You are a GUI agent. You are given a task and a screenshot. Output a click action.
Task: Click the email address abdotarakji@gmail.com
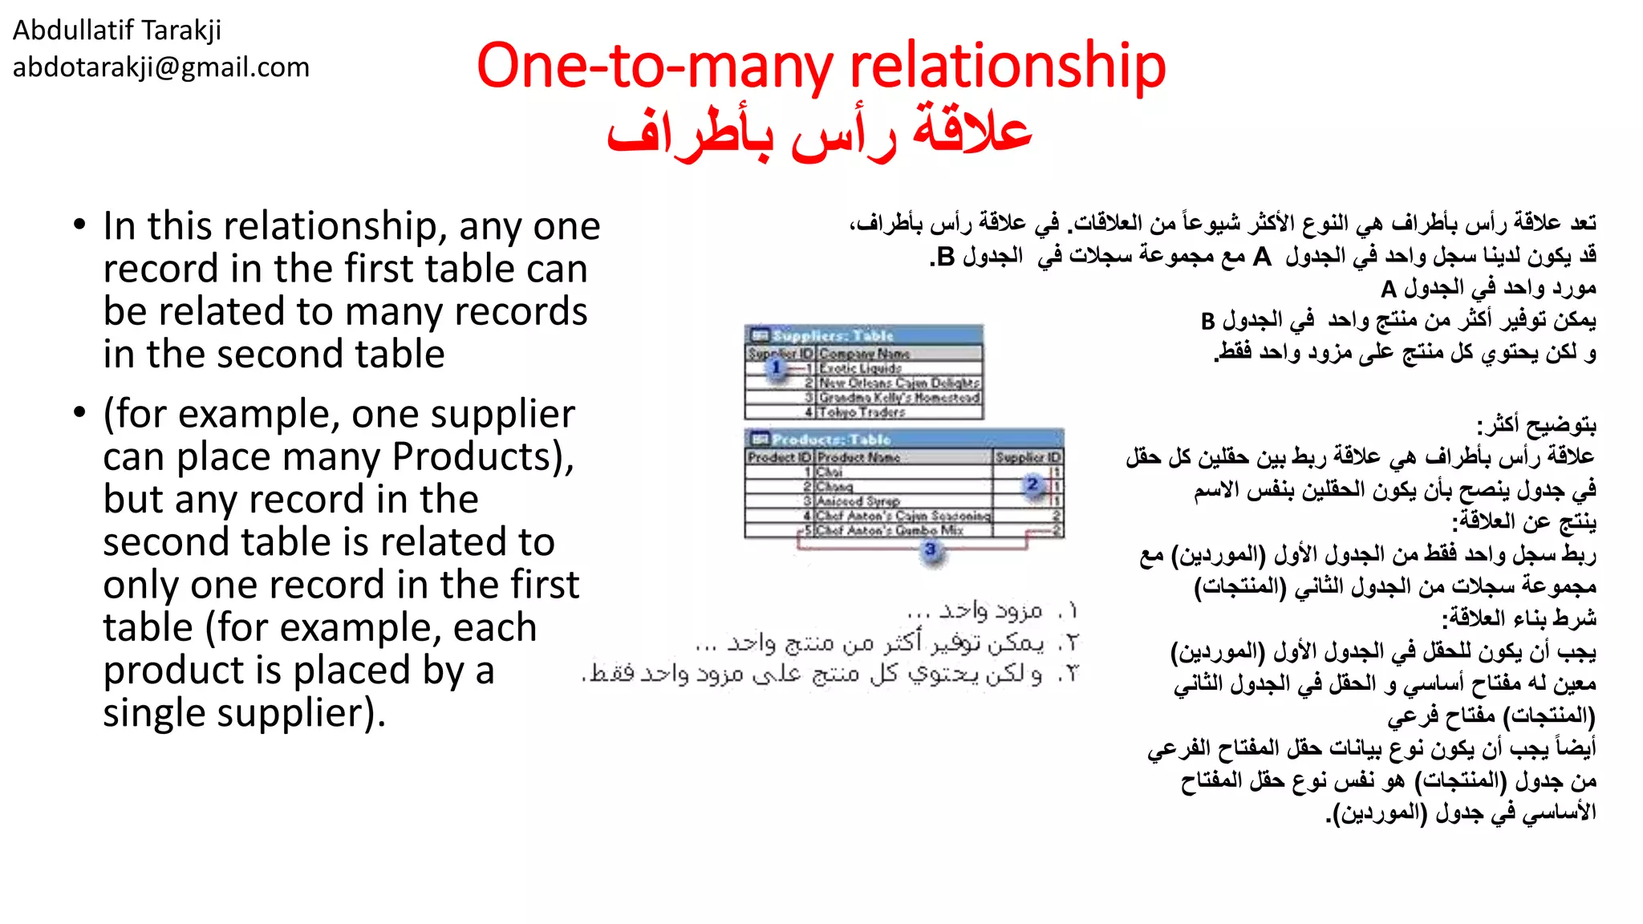[160, 67]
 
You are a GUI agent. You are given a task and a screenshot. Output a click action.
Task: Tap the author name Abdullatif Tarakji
[117, 30]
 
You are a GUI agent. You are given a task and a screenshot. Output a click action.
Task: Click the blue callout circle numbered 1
[776, 367]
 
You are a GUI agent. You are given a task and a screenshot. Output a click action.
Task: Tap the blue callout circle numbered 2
[1032, 484]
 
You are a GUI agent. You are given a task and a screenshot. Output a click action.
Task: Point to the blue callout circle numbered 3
[931, 549]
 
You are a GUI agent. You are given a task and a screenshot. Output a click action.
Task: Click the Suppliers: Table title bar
[864, 335]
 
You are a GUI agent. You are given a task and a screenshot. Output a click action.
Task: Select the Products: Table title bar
[904, 439]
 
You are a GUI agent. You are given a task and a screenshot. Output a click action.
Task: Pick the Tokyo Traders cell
[862, 412]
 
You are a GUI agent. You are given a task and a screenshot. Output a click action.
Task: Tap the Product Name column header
[858, 457]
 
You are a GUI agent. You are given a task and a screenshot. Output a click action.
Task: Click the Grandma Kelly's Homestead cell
[899, 398]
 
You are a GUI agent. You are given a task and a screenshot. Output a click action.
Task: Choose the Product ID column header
[779, 457]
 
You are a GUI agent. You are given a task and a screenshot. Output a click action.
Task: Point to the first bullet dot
[79, 225]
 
